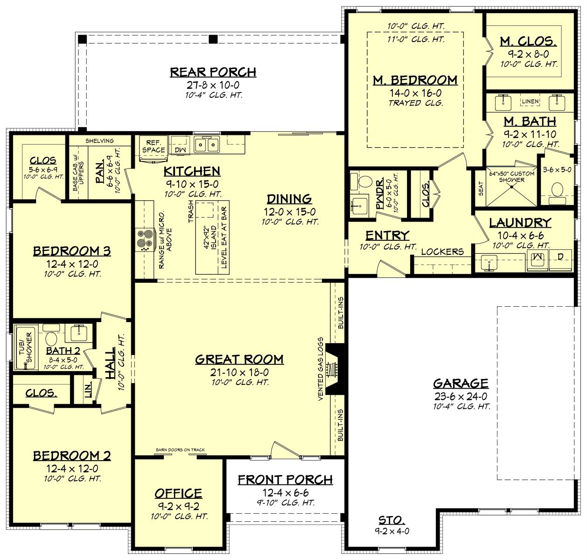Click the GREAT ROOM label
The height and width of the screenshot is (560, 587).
point(239,359)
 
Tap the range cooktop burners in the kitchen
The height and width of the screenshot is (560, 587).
point(144,239)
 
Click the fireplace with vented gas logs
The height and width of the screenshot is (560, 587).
point(333,369)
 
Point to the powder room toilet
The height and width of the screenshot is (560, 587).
point(367,181)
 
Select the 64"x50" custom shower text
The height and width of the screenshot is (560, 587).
point(511,176)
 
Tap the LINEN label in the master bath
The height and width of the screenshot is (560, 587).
point(530,101)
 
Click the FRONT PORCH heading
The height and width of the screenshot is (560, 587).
point(285,480)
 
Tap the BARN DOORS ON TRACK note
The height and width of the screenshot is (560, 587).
point(180,450)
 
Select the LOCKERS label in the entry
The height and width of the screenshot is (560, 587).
point(442,252)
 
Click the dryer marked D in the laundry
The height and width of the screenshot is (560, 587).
point(560,256)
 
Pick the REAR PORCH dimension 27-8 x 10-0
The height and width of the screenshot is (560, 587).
point(213,85)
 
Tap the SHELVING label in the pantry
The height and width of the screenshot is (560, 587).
point(99,141)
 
